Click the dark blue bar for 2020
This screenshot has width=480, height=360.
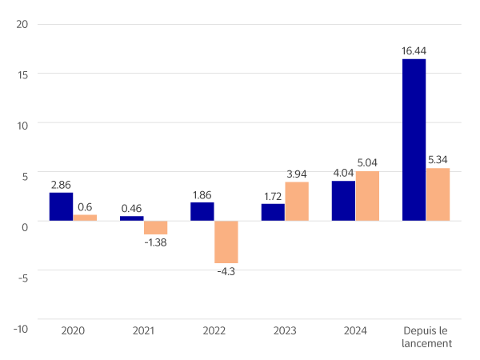click(61, 206)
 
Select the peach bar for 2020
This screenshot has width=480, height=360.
click(85, 217)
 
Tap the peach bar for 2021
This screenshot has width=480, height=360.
click(155, 227)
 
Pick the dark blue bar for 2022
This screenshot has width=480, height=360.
click(202, 211)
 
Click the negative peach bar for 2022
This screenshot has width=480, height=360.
click(226, 242)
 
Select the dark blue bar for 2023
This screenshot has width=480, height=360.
click(273, 212)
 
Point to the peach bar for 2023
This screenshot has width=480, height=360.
click(297, 201)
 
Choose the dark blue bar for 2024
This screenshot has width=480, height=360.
click(343, 201)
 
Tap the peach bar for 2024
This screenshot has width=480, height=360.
click(367, 195)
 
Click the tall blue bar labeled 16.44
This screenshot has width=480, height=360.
click(414, 139)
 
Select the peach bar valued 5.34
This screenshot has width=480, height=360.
click(438, 194)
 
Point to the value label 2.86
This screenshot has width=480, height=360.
click(61, 185)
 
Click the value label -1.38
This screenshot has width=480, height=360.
click(155, 241)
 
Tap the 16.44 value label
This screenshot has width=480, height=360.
click(414, 51)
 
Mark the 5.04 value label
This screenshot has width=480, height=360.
click(367, 163)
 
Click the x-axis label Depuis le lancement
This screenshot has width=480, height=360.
click(426, 337)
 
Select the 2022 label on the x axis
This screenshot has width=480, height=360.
click(214, 330)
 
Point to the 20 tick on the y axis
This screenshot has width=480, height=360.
click(22, 24)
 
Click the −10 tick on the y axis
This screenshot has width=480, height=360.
click(21, 328)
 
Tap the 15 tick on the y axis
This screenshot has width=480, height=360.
click(22, 74)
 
